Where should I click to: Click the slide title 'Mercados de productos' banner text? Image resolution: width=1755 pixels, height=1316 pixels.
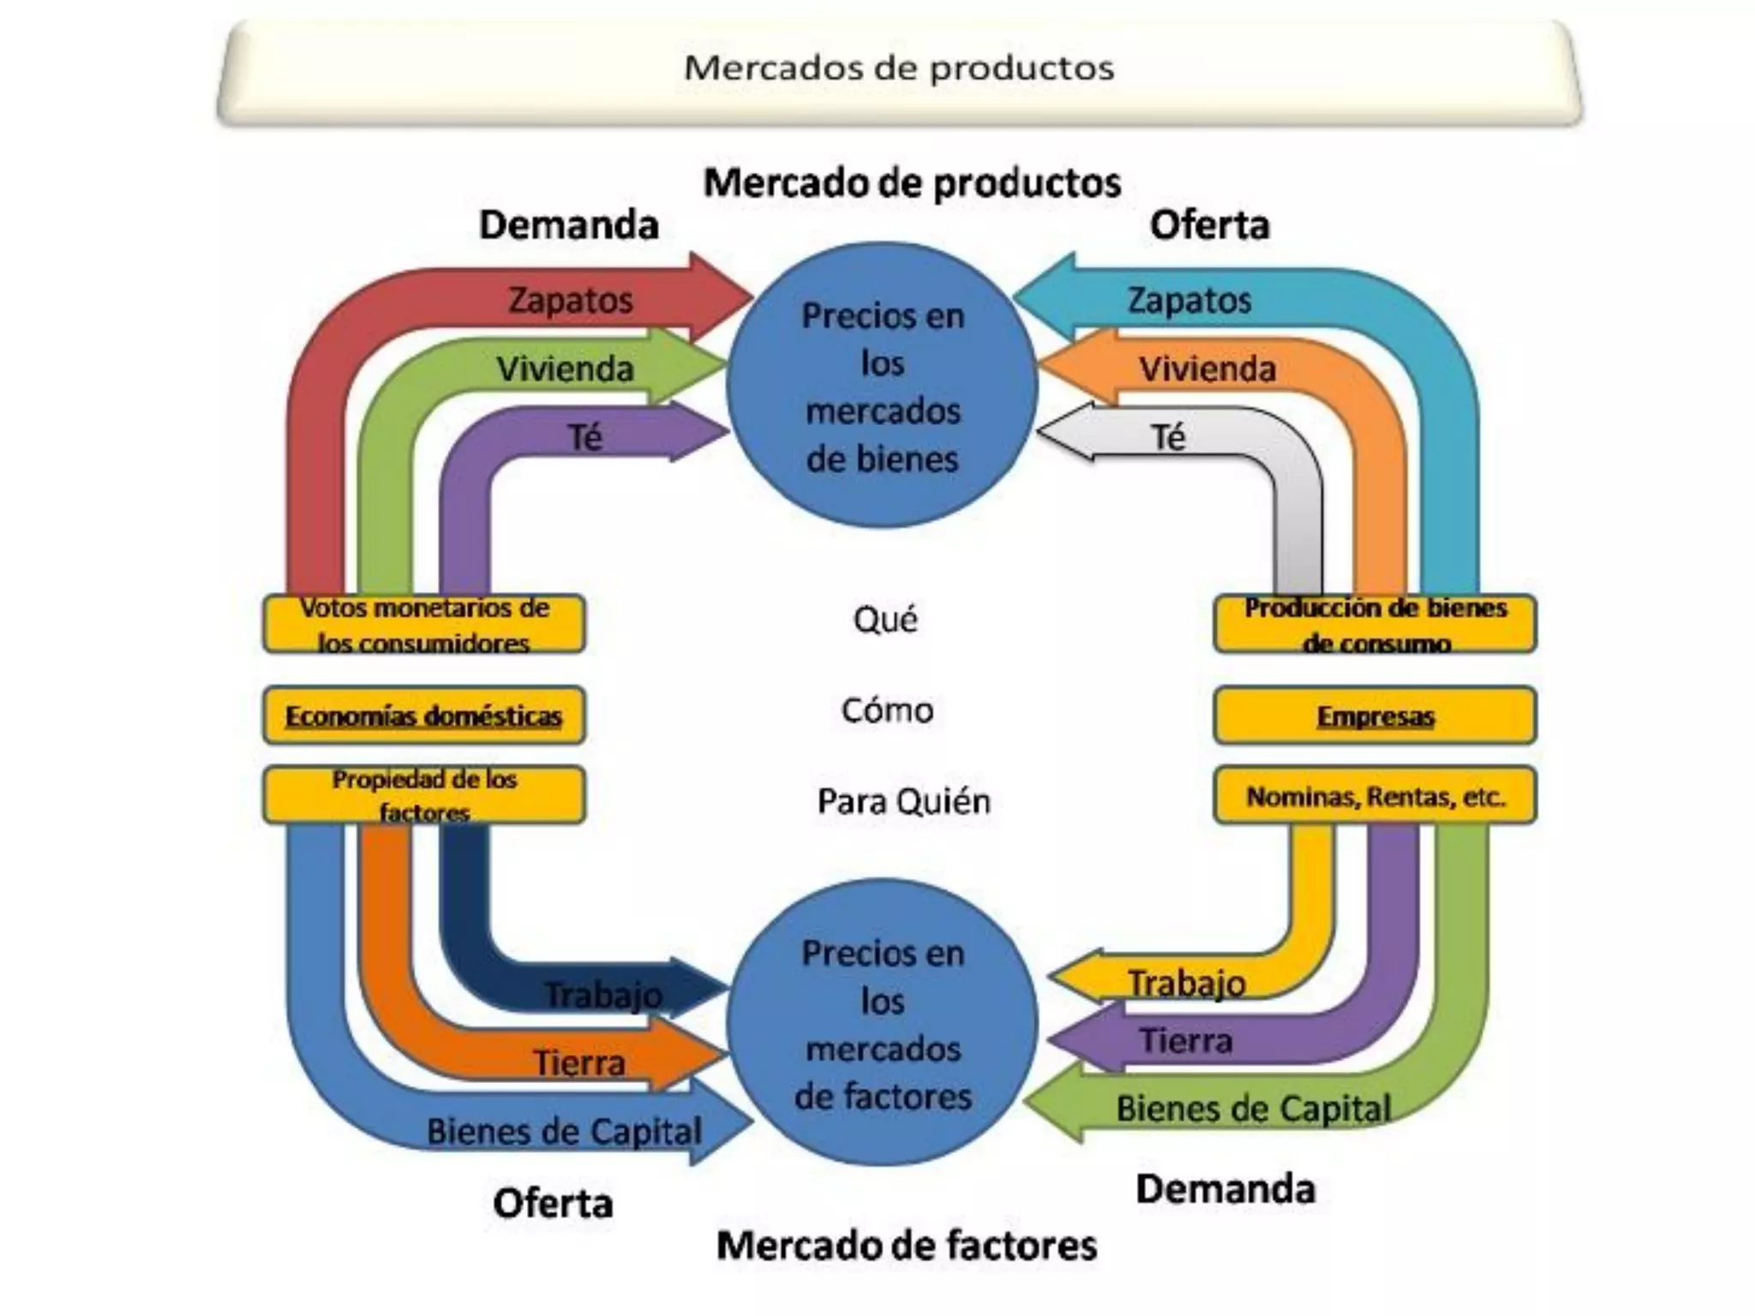pyautogui.click(x=898, y=68)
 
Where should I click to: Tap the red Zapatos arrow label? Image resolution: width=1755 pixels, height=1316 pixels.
pyautogui.click(x=570, y=300)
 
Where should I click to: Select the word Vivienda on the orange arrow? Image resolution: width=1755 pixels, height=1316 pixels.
pyautogui.click(x=1207, y=369)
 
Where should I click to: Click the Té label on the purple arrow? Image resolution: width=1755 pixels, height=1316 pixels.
pyautogui.click(x=585, y=438)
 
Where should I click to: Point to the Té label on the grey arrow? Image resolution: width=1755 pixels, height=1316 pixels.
pyautogui.click(x=1167, y=438)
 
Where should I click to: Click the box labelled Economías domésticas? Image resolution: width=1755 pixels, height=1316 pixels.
pyautogui.click(x=424, y=715)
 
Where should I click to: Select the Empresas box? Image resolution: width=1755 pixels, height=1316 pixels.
pyautogui.click(x=1375, y=715)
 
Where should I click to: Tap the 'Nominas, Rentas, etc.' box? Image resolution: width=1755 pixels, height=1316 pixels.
pyautogui.click(x=1375, y=796)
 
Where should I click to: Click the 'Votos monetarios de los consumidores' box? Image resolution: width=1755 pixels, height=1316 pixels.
pyautogui.click(x=424, y=625)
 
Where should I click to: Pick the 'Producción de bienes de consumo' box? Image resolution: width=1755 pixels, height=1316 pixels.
pyautogui.click(x=1375, y=625)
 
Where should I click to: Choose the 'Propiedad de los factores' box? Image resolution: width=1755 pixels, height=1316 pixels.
pyautogui.click(x=424, y=795)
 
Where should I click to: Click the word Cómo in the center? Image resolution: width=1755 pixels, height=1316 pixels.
pyautogui.click(x=887, y=710)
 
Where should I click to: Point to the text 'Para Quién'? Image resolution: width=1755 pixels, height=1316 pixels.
pyautogui.click(x=903, y=801)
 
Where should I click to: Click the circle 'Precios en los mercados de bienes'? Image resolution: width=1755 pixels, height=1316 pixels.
pyautogui.click(x=883, y=386)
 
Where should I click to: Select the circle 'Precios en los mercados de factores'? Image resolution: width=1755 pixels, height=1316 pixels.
pyautogui.click(x=883, y=1024)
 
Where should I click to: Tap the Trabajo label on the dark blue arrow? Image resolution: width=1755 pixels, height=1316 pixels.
pyautogui.click(x=603, y=995)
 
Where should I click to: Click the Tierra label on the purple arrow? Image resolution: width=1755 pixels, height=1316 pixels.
pyautogui.click(x=1185, y=1041)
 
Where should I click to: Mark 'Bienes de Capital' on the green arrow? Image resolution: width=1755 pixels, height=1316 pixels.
pyautogui.click(x=1253, y=1109)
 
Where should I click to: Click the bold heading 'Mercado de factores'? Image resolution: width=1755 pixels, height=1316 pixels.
pyautogui.click(x=906, y=1245)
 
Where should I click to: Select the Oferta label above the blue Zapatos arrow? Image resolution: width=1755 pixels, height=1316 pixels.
pyautogui.click(x=1209, y=224)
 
